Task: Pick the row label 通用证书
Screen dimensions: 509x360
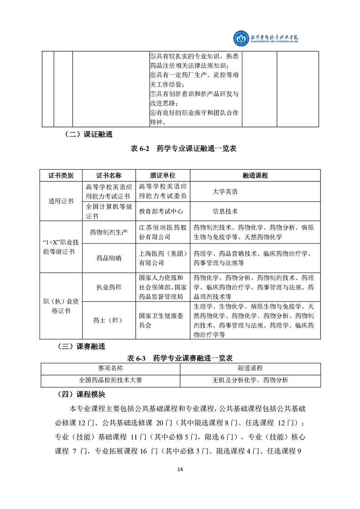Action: [x=61, y=201]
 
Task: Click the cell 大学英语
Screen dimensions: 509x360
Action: [x=225, y=192]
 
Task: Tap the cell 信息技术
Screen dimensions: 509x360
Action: [x=225, y=211]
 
